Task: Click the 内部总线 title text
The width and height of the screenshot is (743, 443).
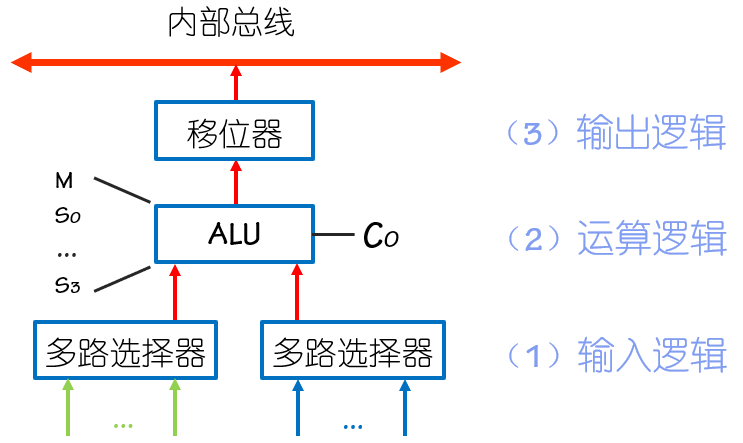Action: click(231, 23)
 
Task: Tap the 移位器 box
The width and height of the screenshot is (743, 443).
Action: click(235, 131)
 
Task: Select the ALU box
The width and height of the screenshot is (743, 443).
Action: click(235, 234)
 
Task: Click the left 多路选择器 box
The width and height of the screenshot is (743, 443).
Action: click(126, 351)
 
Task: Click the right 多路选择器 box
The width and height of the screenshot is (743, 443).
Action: click(353, 351)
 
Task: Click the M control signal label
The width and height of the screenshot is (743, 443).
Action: click(64, 181)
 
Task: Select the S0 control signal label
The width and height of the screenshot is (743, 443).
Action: click(65, 216)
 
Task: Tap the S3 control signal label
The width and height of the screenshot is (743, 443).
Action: click(65, 286)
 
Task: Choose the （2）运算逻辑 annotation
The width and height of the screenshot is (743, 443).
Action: click(616, 240)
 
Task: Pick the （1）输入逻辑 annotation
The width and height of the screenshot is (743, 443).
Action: click(616, 353)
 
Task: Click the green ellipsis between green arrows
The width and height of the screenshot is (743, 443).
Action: click(123, 425)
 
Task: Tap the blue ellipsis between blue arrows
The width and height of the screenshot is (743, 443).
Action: click(352, 425)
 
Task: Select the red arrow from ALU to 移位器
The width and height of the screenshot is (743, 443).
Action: click(236, 183)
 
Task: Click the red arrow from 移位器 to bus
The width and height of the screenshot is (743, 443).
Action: click(236, 85)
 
